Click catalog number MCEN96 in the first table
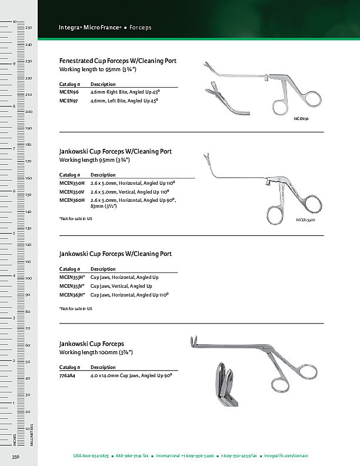point(69,92)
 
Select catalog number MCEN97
point(69,101)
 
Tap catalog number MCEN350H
point(72,184)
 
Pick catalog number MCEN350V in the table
point(72,192)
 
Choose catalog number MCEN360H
point(72,200)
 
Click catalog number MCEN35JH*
point(72,277)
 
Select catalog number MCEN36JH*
point(72,294)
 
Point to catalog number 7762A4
point(68,375)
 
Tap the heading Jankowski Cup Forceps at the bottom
point(92,344)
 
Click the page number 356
point(16,457)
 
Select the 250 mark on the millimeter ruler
point(28,28)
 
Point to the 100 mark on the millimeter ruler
point(28,278)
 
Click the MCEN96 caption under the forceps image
point(301,119)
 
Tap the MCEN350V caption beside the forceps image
point(306,219)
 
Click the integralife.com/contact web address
point(286,456)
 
